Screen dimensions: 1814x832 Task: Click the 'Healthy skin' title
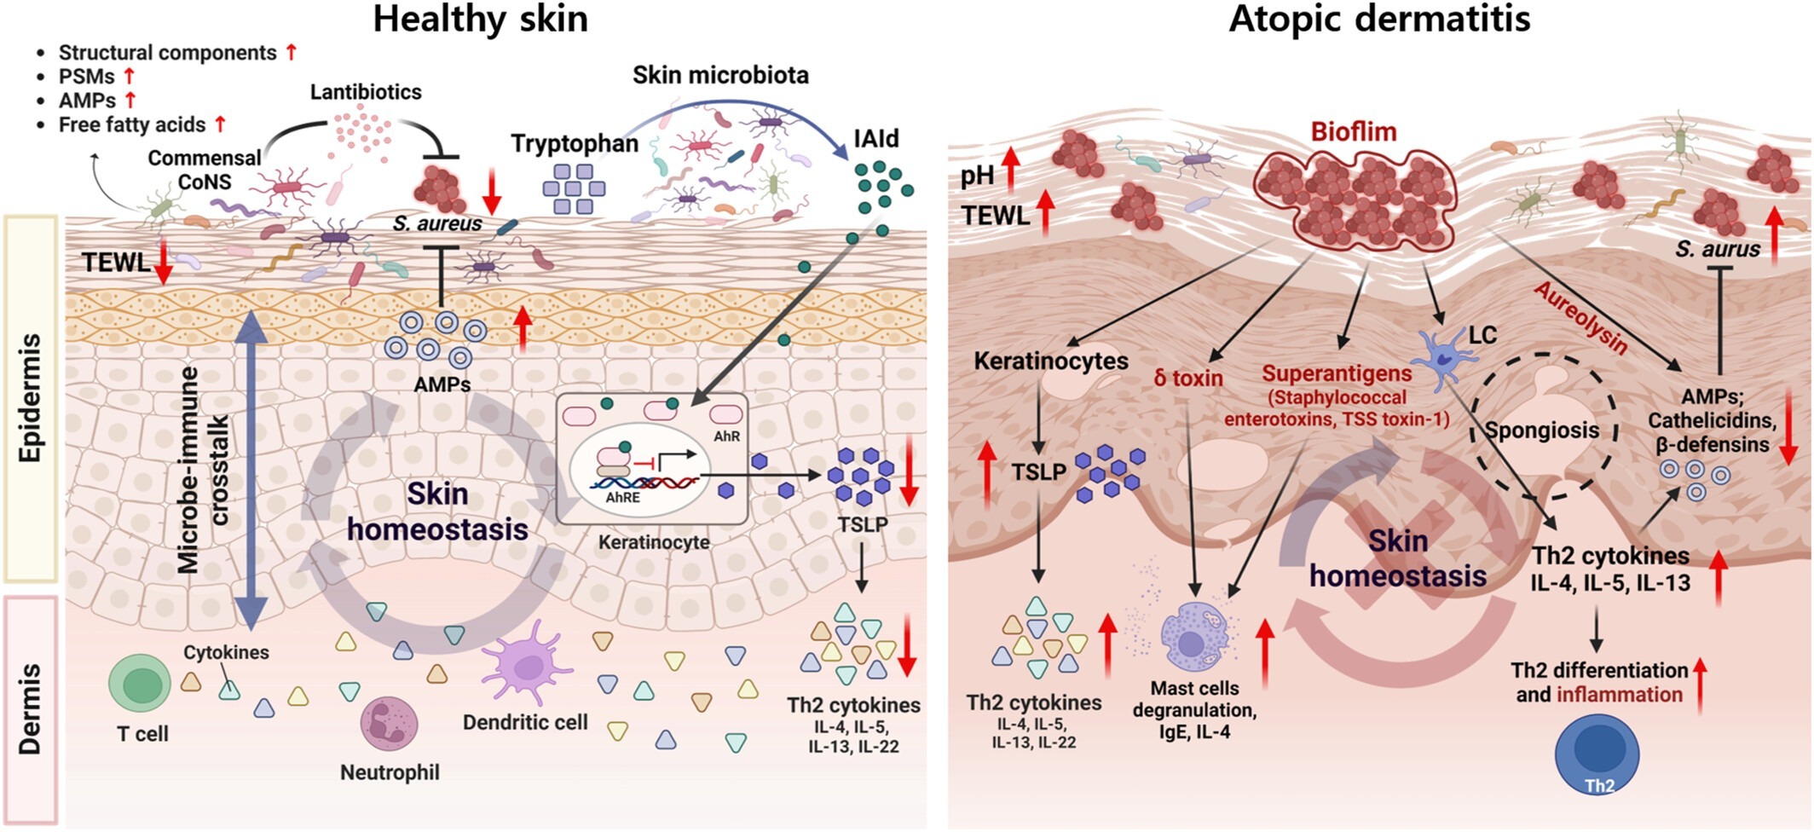[x=480, y=19]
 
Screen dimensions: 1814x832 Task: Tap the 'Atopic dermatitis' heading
[x=1379, y=19]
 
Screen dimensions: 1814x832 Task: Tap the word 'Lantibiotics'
[x=366, y=91]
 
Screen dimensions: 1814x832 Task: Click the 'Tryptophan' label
[x=575, y=143]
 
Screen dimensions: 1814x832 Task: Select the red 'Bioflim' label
[x=1353, y=132]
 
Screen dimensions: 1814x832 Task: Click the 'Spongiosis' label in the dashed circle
[x=1542, y=430]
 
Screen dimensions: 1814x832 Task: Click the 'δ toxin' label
[x=1188, y=378]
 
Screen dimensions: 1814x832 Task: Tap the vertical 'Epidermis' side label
[x=31, y=398]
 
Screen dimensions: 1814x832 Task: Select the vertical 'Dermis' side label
[x=31, y=708]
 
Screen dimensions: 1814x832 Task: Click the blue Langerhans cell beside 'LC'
[x=1441, y=355]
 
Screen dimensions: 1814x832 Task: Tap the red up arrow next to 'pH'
[x=1010, y=169]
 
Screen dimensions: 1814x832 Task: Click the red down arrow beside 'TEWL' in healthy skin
[x=164, y=262]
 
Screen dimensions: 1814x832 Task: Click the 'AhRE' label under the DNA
[x=622, y=498]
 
